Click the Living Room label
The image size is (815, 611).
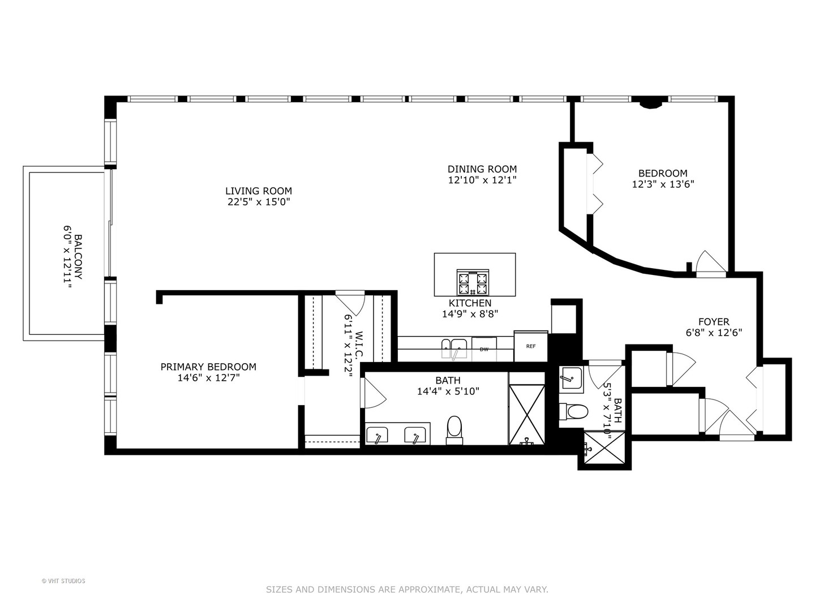click(x=258, y=191)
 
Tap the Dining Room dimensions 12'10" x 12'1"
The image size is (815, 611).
click(x=482, y=180)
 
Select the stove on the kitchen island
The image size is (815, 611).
click(x=473, y=282)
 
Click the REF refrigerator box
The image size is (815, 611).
click(x=530, y=346)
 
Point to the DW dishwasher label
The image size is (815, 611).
click(x=484, y=350)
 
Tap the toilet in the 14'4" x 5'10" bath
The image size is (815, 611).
click(x=454, y=430)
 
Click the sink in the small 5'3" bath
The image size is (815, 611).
click(x=570, y=378)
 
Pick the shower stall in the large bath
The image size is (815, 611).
click(x=526, y=415)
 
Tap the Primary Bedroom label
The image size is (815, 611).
click(x=208, y=367)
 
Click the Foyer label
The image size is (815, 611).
click(x=714, y=322)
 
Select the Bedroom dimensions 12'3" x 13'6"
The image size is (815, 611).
click(x=663, y=184)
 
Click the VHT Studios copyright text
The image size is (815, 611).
click(x=63, y=580)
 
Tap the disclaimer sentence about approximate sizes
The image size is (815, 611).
click(x=407, y=590)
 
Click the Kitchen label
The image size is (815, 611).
click(x=470, y=303)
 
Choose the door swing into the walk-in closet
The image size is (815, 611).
click(x=351, y=302)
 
